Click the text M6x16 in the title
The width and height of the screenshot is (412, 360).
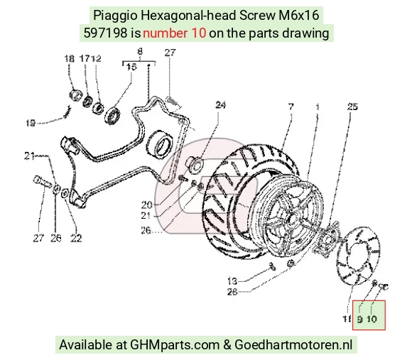pos(299,16)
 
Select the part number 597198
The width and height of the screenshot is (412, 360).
pos(105,33)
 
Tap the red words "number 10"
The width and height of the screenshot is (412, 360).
pos(174,33)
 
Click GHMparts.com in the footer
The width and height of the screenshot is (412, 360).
pos(175,345)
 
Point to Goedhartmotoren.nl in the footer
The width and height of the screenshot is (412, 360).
pos(293,344)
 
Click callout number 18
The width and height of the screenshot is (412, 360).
pos(70,58)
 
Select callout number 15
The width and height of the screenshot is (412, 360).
pos(131,67)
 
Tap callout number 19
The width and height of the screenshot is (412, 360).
pos(31,123)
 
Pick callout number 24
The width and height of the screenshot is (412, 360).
pos(220,105)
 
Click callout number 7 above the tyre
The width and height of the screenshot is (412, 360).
pos(291,107)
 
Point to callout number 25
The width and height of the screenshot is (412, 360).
pos(352,107)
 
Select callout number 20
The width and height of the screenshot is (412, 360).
pos(146,204)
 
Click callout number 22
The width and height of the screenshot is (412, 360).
pos(76,238)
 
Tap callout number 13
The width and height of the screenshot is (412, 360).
pos(232,281)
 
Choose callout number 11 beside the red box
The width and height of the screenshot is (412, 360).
pos(347,319)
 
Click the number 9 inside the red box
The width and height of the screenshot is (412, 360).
pos(360,320)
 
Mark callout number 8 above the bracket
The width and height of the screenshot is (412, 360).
pos(140,51)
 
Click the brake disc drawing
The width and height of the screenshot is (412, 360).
pos(358,256)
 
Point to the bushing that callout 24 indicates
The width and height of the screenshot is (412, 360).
pos(195,165)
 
